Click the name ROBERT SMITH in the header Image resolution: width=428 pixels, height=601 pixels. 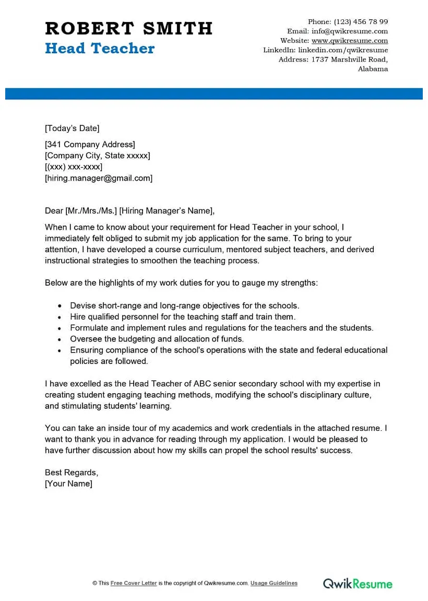click(128, 28)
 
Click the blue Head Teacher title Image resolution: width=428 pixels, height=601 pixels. click(100, 49)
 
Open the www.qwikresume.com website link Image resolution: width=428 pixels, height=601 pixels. click(350, 41)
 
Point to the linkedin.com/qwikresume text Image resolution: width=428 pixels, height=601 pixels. click(343, 50)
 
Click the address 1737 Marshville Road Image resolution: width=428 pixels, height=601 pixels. click(349, 60)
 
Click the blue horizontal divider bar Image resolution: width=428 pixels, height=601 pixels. click(214, 93)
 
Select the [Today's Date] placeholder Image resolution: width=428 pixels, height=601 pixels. click(72, 128)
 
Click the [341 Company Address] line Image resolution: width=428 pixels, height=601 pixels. click(90, 145)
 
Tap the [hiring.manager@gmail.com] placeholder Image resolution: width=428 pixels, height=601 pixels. click(99, 178)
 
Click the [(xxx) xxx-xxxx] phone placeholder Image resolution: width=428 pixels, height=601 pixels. click(74, 167)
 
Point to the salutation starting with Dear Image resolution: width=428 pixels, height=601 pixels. click(129, 211)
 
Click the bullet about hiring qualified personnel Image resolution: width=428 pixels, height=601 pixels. click(183, 317)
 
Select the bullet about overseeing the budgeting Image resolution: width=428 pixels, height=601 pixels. click(157, 339)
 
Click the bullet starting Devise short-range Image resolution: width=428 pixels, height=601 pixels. click(185, 306)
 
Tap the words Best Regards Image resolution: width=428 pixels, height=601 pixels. click(71, 473)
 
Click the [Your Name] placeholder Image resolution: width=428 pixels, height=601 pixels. click(68, 484)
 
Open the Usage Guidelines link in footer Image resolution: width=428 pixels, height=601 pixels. click(274, 583)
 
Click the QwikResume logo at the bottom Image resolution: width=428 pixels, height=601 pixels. click(357, 583)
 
